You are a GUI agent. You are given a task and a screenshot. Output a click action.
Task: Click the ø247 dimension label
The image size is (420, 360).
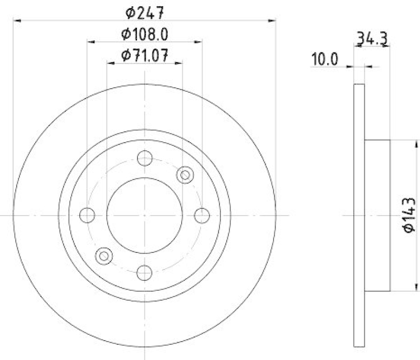pyautogui.click(x=144, y=10)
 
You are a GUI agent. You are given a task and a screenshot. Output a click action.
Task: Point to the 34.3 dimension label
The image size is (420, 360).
pyautogui.click(x=372, y=38)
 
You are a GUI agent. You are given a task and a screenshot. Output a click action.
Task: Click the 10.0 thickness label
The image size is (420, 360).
pyautogui.click(x=325, y=59)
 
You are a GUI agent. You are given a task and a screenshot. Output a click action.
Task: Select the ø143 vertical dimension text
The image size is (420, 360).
pyautogui.click(x=409, y=214)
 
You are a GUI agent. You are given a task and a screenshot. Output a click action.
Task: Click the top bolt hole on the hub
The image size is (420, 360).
pyautogui.click(x=144, y=158)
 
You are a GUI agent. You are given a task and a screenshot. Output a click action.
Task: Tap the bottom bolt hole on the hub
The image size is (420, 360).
pyautogui.click(x=144, y=272)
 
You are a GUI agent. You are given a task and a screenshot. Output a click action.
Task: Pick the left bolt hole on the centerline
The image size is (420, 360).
pyautogui.click(x=88, y=215)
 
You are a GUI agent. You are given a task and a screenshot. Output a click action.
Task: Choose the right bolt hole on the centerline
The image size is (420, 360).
pyautogui.click(x=202, y=215)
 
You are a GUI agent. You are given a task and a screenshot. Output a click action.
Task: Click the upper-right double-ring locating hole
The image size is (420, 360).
pyautogui.click(x=185, y=175)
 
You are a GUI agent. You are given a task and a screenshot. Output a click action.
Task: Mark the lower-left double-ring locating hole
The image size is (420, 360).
pyautogui.click(x=104, y=256)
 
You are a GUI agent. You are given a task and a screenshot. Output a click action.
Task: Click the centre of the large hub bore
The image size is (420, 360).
pyautogui.click(x=144, y=215)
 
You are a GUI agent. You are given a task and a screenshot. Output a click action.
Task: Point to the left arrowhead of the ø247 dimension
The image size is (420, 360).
pyautogui.click(x=16, y=20)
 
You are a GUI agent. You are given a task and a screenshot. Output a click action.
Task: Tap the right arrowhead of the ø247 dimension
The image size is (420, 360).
pyautogui.click(x=272, y=20)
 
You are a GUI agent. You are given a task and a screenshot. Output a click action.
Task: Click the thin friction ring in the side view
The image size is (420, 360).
pyautogui.click(x=359, y=215)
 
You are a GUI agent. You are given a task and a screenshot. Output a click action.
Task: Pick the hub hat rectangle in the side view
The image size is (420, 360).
pyautogui.click(x=377, y=215)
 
